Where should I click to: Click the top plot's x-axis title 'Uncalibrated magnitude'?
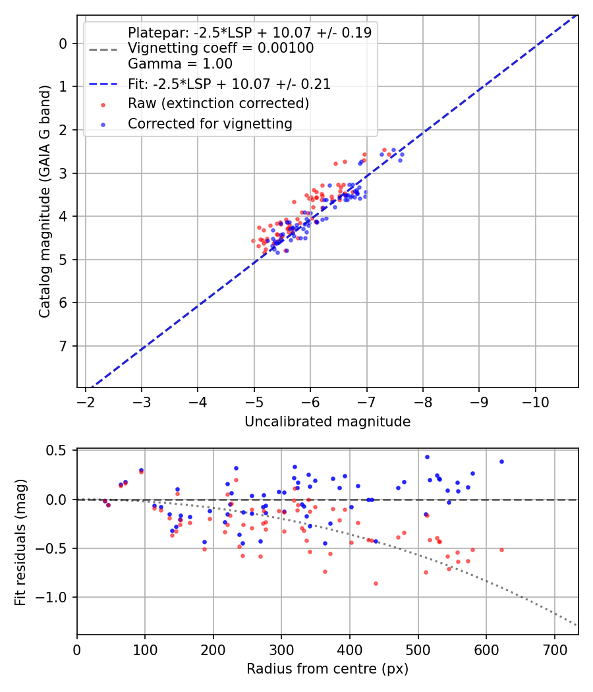[327, 422]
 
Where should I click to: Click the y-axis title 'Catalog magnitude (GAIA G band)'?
[45, 200]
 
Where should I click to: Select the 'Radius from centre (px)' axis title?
[327, 669]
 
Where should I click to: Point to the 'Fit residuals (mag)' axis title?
[20, 542]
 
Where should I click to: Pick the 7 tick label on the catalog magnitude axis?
[63, 346]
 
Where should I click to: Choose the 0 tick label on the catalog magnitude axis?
[63, 43]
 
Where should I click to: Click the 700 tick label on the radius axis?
[554, 651]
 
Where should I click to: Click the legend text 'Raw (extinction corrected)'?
[218, 103]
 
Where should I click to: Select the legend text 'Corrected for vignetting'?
[210, 123]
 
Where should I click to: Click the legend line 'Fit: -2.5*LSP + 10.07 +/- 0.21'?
[229, 84]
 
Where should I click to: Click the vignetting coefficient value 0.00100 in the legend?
[287, 48]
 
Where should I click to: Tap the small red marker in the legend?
[103, 104]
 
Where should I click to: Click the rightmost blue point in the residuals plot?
[501, 461]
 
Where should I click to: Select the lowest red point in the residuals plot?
[376, 583]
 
